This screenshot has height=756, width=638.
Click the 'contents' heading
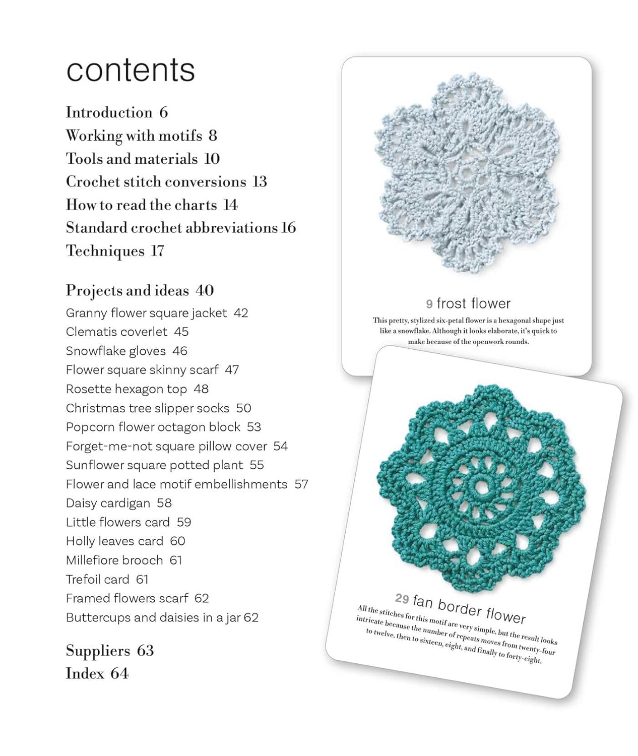(x=131, y=70)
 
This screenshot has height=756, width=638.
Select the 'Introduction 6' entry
(x=116, y=112)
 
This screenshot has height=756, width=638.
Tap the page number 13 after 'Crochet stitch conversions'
(x=260, y=181)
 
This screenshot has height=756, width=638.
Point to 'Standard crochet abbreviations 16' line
(x=180, y=228)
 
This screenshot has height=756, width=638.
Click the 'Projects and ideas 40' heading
(x=140, y=291)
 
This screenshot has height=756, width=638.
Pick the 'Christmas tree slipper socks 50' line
(x=158, y=408)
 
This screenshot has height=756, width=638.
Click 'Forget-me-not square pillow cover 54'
(x=176, y=446)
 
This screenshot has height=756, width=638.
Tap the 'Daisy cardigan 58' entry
(x=118, y=503)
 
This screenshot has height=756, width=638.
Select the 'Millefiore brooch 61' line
(x=123, y=560)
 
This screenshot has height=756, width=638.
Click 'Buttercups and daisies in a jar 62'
(x=162, y=617)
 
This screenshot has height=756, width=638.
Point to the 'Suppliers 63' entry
(x=109, y=651)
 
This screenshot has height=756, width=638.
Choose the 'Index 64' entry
(x=97, y=674)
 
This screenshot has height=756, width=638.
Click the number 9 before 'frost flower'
(x=429, y=304)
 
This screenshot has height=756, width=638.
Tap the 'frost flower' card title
(x=473, y=303)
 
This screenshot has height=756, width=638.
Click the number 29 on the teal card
(x=402, y=598)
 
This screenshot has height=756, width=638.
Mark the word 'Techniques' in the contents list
(x=105, y=251)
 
